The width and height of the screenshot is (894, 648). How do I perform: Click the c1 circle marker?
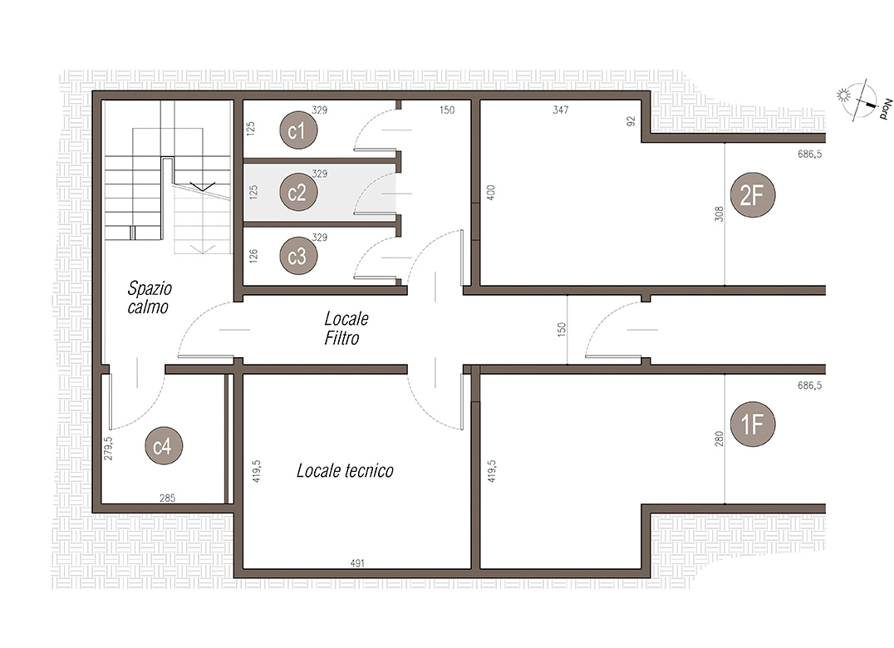click(298, 130)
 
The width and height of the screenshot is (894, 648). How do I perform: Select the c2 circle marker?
click(298, 192)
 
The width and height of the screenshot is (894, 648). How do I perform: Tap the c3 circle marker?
click(298, 256)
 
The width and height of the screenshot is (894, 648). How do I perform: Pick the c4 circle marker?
click(164, 445)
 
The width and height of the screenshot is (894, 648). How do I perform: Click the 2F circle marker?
click(752, 195)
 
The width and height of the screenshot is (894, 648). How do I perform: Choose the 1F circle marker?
click(752, 424)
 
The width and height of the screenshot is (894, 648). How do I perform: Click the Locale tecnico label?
click(345, 471)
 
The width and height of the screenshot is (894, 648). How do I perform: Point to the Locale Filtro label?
click(346, 328)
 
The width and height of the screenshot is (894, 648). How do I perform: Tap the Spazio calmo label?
click(149, 297)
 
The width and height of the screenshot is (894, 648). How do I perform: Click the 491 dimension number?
click(357, 563)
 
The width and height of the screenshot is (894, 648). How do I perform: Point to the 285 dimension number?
click(167, 498)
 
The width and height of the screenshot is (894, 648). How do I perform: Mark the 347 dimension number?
click(561, 110)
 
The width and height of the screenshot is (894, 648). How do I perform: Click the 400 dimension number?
click(491, 192)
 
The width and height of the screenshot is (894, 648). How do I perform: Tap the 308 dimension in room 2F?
click(719, 214)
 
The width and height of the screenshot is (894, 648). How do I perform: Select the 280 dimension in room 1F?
click(719, 439)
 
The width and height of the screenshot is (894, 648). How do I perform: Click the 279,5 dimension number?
click(108, 448)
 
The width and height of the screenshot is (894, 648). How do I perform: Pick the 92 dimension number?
click(631, 120)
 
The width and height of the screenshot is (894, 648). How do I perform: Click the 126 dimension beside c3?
click(253, 255)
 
